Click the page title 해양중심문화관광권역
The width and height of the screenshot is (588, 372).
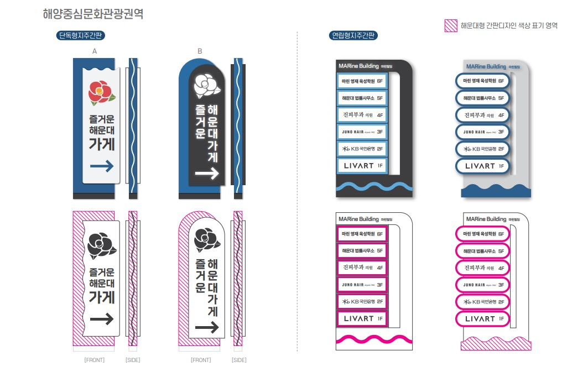point(92,14)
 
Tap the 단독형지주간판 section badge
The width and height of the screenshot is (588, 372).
point(81,36)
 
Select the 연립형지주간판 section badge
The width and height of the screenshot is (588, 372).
point(353,36)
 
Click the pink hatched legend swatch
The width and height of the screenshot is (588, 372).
point(451,25)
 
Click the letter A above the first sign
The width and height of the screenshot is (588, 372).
point(95,51)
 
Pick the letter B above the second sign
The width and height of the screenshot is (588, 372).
point(200,51)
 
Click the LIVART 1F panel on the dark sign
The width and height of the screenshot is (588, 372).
point(362,165)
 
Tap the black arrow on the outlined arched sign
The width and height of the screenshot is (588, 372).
point(206,328)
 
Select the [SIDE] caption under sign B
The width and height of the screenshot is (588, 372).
point(239,360)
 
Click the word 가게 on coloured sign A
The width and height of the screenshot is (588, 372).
point(101,144)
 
